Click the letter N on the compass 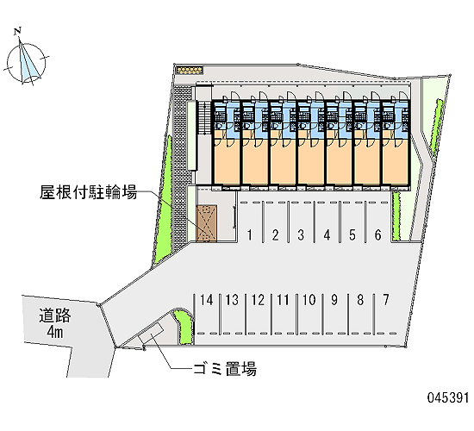tap(18, 30)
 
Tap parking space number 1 tap(250, 234)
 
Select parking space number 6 tap(377, 234)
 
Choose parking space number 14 tap(207, 300)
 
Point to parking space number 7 tap(386, 300)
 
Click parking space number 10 tap(309, 300)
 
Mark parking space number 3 tap(301, 234)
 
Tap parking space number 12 tap(258, 300)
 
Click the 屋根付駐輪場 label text tap(88, 192)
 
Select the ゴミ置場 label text tap(225, 369)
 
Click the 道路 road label tap(54, 315)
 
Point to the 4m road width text tap(54, 332)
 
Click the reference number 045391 tap(448, 397)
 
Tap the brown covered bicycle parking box tap(207, 223)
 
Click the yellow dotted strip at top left tap(190, 70)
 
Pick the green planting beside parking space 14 tap(184, 327)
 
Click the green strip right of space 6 tap(396, 215)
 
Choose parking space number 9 tap(334, 300)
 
